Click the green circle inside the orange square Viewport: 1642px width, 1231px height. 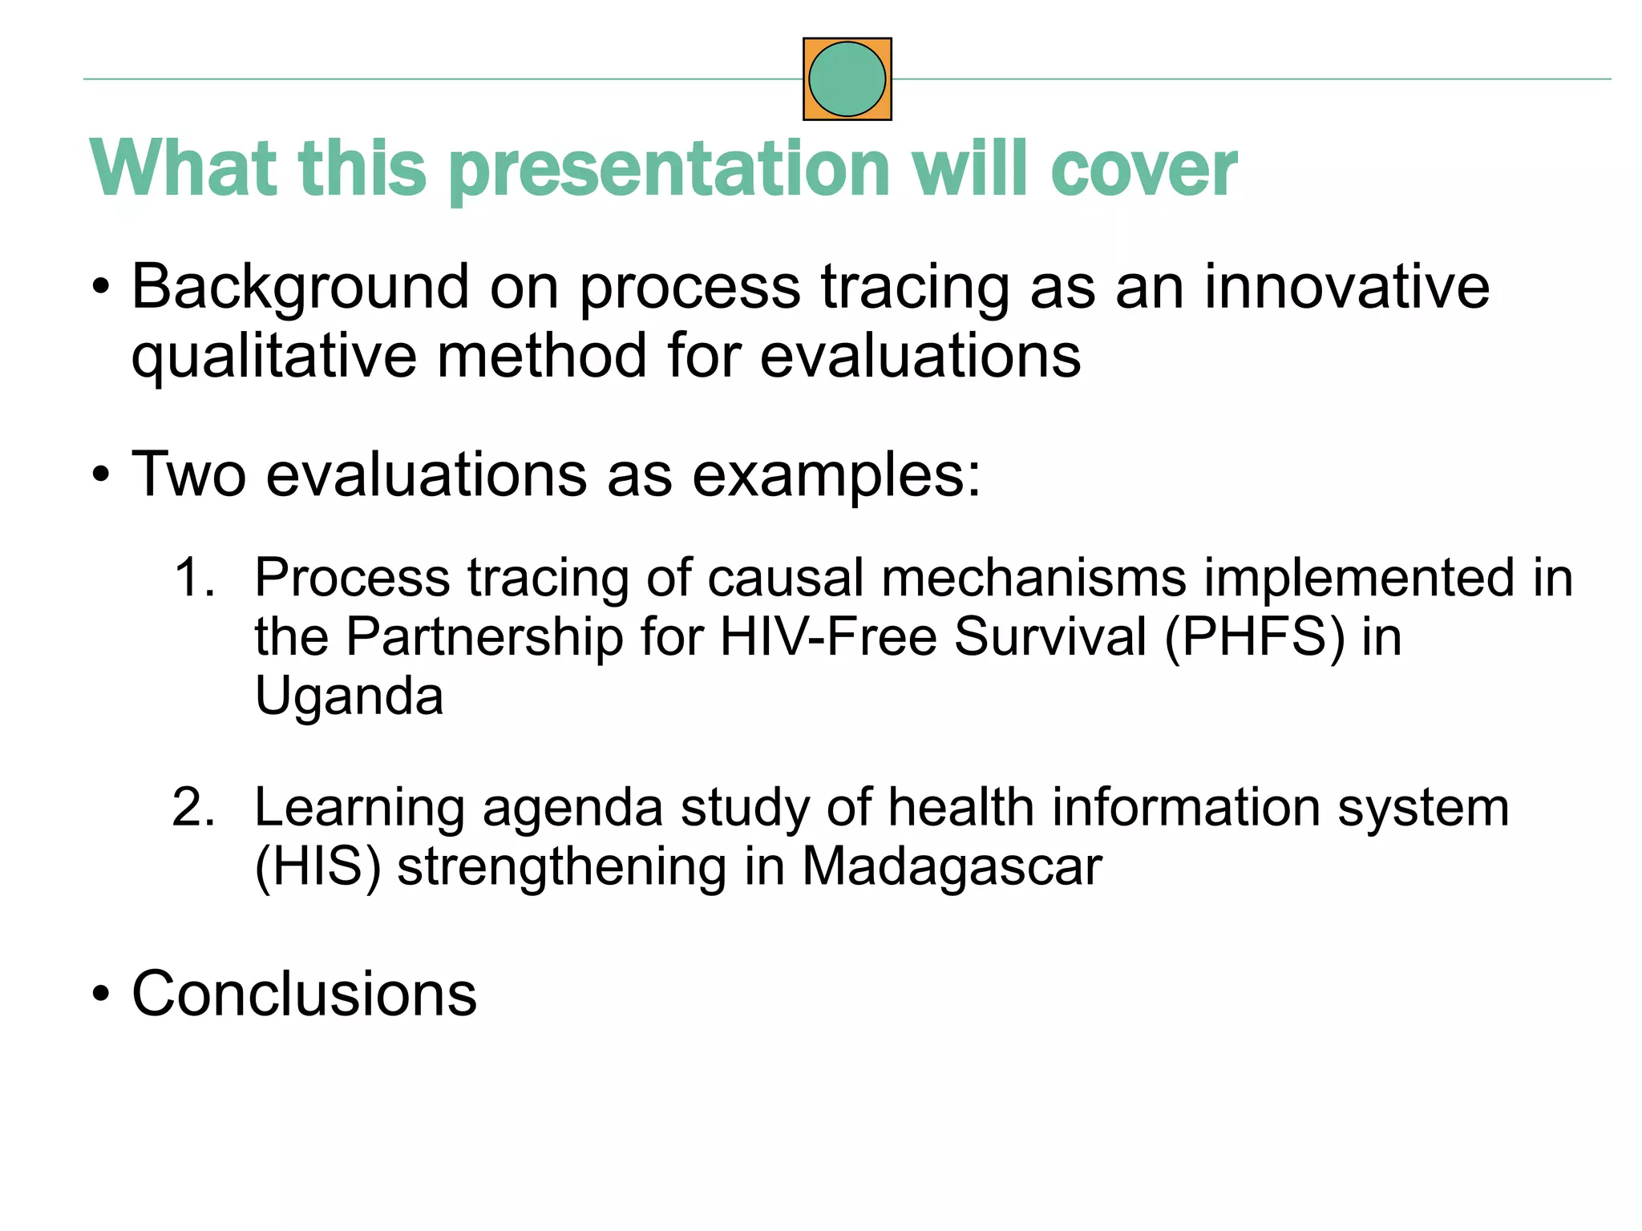click(x=847, y=79)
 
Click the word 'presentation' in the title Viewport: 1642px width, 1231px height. click(x=669, y=170)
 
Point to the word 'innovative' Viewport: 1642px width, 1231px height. click(x=1346, y=287)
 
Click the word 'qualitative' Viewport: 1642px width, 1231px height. click(x=273, y=357)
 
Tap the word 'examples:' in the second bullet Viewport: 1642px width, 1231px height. click(x=836, y=474)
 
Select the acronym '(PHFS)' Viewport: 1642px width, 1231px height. click(x=1254, y=637)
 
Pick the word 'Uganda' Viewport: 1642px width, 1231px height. click(x=349, y=696)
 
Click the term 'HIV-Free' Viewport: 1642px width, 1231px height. click(x=828, y=637)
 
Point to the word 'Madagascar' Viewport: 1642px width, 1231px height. click(x=952, y=866)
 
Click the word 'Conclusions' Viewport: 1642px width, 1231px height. click(x=304, y=994)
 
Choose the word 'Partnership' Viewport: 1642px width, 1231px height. click(x=484, y=637)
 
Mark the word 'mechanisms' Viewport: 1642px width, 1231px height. click(x=1033, y=577)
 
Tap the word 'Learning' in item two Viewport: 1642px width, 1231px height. click(x=359, y=807)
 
